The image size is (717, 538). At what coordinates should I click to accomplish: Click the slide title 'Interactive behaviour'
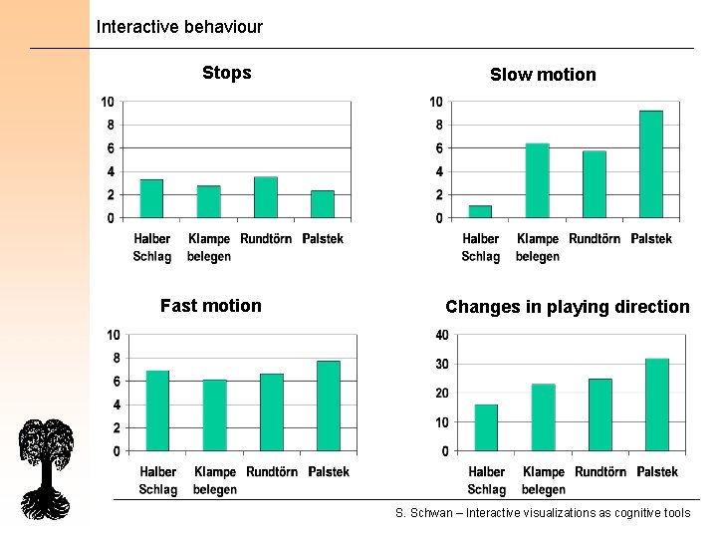tap(179, 27)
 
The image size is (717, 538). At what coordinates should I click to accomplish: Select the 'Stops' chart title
tap(226, 73)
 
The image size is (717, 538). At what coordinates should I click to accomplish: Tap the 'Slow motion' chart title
tap(543, 75)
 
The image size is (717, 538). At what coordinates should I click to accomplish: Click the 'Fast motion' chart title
tap(210, 306)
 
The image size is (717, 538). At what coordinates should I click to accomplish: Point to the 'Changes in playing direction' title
tap(567, 307)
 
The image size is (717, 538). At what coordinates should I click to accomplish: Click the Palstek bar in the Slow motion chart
tap(651, 164)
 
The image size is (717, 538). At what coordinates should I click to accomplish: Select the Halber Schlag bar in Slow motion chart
tap(480, 211)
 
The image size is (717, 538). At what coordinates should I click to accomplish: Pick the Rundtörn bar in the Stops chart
tap(266, 197)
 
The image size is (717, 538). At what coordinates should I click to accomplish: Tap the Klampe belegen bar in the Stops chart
tap(209, 201)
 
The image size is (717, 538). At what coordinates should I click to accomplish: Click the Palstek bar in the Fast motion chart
tap(329, 406)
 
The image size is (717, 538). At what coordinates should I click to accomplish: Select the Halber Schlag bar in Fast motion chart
tap(157, 410)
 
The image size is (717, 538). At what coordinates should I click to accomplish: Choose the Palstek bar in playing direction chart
tap(657, 404)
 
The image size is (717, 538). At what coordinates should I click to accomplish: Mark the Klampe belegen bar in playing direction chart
tap(543, 417)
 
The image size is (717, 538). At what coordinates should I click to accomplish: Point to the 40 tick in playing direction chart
tap(441, 335)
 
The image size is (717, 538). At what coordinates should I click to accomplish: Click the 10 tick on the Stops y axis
tap(107, 102)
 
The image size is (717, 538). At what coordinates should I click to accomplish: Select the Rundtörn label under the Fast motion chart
tap(272, 472)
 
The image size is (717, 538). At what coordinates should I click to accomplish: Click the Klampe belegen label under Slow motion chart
tap(538, 247)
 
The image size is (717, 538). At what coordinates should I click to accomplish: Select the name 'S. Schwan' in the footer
tap(421, 513)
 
